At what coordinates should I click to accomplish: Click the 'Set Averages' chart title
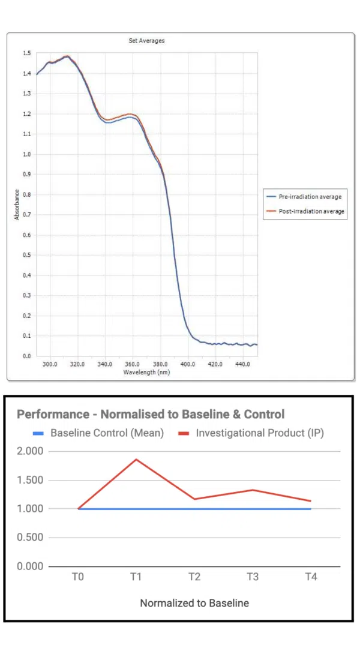pyautogui.click(x=146, y=41)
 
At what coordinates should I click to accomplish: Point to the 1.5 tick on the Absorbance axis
pyautogui.click(x=27, y=53)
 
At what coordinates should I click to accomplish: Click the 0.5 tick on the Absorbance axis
pyautogui.click(x=27, y=255)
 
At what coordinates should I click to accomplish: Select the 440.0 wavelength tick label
pyautogui.click(x=242, y=364)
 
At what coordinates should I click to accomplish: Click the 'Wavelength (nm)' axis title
pyautogui.click(x=146, y=372)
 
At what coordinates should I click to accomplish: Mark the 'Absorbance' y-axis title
pyautogui.click(x=17, y=205)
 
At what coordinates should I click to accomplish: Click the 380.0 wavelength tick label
pyautogui.click(x=160, y=364)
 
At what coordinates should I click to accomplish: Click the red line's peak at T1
pyautogui.click(x=136, y=460)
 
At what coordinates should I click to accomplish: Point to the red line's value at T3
pyautogui.click(x=253, y=490)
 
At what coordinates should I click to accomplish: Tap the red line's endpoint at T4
pyautogui.click(x=311, y=501)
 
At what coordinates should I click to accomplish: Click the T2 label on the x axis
pyautogui.click(x=194, y=577)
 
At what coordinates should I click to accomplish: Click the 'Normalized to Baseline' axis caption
pyautogui.click(x=194, y=603)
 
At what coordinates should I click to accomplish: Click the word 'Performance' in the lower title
pyautogui.click(x=51, y=414)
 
